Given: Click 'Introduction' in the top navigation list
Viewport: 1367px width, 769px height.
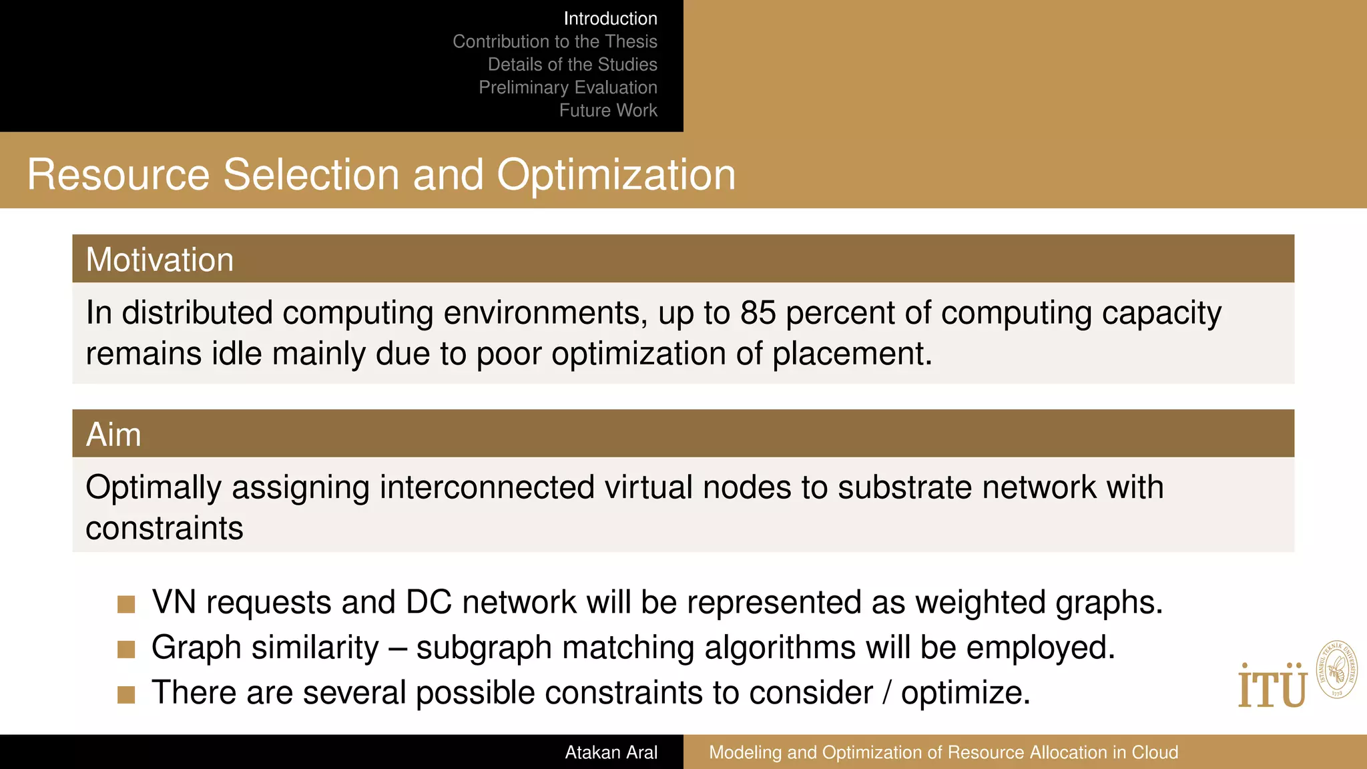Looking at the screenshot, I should tap(610, 19).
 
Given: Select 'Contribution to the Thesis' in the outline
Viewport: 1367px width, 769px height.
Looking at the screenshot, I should tap(555, 41).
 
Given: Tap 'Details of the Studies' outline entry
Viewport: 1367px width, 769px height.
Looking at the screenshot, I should tap(572, 64).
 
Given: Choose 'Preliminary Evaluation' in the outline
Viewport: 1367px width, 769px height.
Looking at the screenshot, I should tap(567, 87).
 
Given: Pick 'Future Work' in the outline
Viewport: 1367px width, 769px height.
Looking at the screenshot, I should tap(608, 110).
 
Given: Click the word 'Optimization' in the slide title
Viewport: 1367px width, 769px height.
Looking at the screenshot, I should tap(615, 175).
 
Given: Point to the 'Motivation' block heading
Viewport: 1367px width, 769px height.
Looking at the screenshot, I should tap(160, 260).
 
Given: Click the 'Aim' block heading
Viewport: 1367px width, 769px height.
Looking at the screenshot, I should tap(113, 435).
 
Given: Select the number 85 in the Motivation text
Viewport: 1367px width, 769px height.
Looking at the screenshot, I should tap(758, 312).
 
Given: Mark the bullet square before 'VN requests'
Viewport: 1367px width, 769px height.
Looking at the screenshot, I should tap(126, 604).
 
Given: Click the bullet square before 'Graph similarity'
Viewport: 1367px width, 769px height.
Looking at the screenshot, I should tap(126, 649).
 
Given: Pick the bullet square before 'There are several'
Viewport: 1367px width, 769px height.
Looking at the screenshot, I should tap(126, 694).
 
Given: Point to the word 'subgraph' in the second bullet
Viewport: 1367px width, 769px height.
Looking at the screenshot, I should tap(484, 648).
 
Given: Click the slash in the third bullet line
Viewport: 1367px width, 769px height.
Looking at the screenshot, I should tap(886, 693).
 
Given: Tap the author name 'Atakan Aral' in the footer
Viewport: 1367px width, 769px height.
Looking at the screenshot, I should tap(611, 752).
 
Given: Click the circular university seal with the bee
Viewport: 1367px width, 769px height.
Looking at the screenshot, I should tap(1336, 670).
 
